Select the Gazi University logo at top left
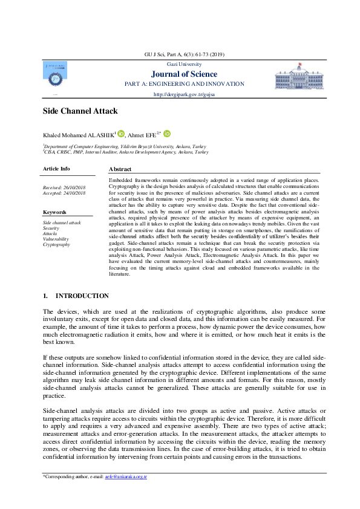(54, 73)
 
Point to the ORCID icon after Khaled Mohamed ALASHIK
(120, 134)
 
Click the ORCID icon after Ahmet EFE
(166, 134)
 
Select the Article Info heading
(56, 169)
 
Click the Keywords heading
(55, 212)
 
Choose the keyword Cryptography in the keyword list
(56, 244)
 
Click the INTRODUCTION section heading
(82, 296)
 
